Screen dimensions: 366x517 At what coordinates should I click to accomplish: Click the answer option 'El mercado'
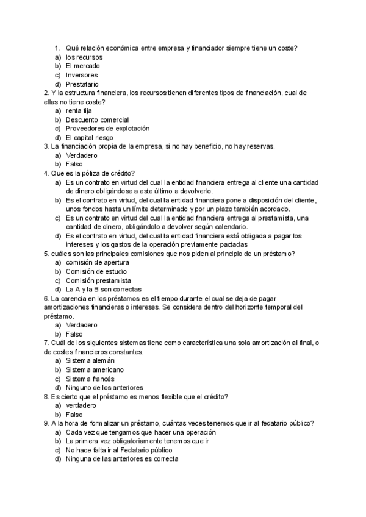tap(83, 66)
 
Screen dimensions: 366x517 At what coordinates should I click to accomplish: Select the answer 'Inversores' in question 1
tap(82, 75)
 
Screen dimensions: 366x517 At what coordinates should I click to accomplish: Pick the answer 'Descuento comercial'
tap(97, 119)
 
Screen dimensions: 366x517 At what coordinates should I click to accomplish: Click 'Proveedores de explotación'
tap(107, 129)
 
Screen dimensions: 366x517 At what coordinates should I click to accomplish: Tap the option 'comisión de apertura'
tap(98, 262)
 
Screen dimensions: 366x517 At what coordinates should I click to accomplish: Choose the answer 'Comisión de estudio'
tap(96, 271)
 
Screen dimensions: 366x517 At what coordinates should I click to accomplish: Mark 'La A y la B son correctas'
tap(104, 289)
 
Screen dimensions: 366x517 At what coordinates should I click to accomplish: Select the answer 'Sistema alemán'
tap(90, 361)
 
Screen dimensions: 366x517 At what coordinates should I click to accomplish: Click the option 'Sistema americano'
tap(95, 369)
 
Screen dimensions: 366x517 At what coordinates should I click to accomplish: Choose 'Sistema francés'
tap(90, 379)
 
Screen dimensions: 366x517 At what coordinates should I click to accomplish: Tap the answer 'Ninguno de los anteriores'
tap(104, 387)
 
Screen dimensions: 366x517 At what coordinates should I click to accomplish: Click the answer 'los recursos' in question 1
tap(85, 57)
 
